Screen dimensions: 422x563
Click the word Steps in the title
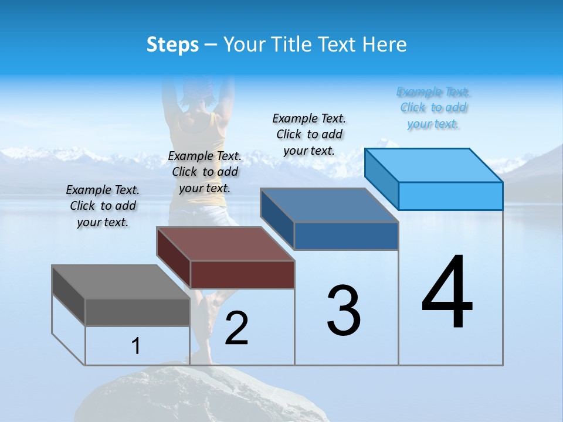click(172, 45)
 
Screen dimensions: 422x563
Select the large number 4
click(447, 294)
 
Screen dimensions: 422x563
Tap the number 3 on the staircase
click(343, 311)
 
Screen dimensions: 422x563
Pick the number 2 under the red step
click(236, 328)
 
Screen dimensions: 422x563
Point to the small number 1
click(136, 346)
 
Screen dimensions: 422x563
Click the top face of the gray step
click(120, 281)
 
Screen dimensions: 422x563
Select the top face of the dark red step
click(225, 243)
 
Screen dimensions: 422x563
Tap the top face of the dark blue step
click(329, 205)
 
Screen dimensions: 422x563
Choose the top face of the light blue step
click(433, 165)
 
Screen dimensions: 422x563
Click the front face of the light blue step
click(450, 196)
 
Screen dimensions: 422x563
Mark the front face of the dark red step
click(242, 274)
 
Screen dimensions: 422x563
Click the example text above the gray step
click(103, 206)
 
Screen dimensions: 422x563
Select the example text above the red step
click(205, 172)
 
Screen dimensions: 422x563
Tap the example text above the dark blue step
click(309, 134)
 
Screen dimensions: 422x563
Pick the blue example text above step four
click(433, 108)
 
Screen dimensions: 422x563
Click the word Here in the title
click(384, 45)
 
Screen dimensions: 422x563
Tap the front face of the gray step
click(137, 312)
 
